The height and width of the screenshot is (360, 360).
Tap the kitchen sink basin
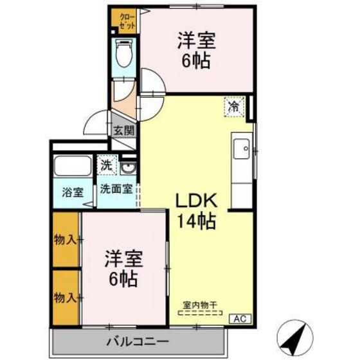pyautogui.click(x=243, y=150)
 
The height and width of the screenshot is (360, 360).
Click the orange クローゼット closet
pyautogui.click(x=122, y=20)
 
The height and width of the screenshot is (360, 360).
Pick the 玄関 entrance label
pyautogui.click(x=123, y=130)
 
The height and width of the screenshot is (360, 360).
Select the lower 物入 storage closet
pyautogui.click(x=66, y=298)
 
